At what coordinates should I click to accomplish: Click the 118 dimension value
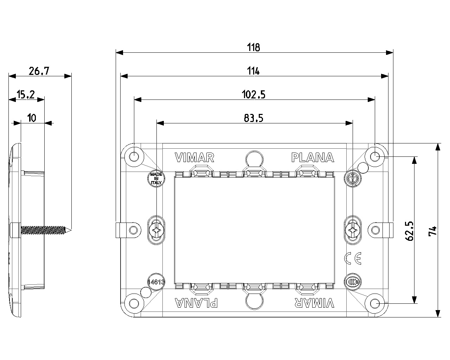pos(253,47)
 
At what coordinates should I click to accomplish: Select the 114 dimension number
pos(253,71)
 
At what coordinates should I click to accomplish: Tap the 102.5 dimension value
pos(253,95)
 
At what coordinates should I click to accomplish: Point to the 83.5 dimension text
pos(253,118)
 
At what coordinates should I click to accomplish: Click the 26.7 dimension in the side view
pos(39,71)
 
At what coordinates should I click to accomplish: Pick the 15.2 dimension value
pos(26,95)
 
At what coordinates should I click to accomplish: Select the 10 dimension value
pos(32,118)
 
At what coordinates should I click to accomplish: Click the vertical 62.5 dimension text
pos(409,231)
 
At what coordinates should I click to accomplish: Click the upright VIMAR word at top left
pos(194,158)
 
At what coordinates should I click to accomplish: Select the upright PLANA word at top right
pos(313,158)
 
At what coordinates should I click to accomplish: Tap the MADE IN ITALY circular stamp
pos(155,179)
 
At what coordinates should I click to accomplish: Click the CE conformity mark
pos(352,258)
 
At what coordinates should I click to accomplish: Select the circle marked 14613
pos(156,281)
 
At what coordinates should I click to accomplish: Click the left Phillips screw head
pos(156,231)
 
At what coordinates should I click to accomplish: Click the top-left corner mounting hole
pos(134,156)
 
